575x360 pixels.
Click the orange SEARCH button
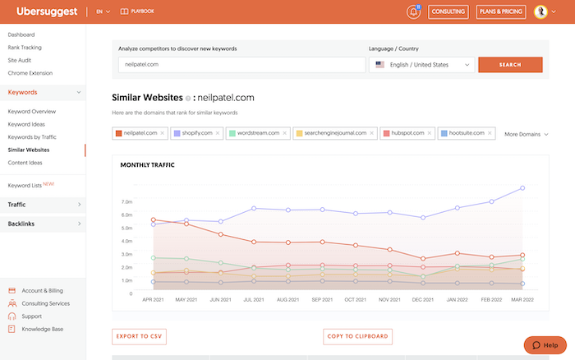[x=510, y=65]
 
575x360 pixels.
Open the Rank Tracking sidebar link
[x=25, y=48]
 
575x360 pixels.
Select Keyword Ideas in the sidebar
[x=26, y=124]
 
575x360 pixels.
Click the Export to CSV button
[x=139, y=336]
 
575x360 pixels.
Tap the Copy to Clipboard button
[x=357, y=336]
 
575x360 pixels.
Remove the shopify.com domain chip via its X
[x=218, y=133]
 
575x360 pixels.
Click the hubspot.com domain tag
[x=407, y=133]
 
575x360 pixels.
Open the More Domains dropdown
[x=527, y=134]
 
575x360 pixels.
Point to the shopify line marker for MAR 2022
[x=522, y=188]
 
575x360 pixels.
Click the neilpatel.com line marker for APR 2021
[x=154, y=219]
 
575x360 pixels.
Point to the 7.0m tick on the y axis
[x=126, y=202]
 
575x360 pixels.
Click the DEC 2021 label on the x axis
[x=423, y=300]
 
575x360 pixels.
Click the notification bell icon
[x=413, y=12]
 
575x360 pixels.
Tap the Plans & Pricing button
[x=500, y=12]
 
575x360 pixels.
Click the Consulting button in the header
[x=448, y=12]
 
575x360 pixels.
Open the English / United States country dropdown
[x=421, y=65]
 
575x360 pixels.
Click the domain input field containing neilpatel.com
[x=241, y=65]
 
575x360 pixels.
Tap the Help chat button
[x=545, y=345]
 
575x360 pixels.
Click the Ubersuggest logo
[x=47, y=12]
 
